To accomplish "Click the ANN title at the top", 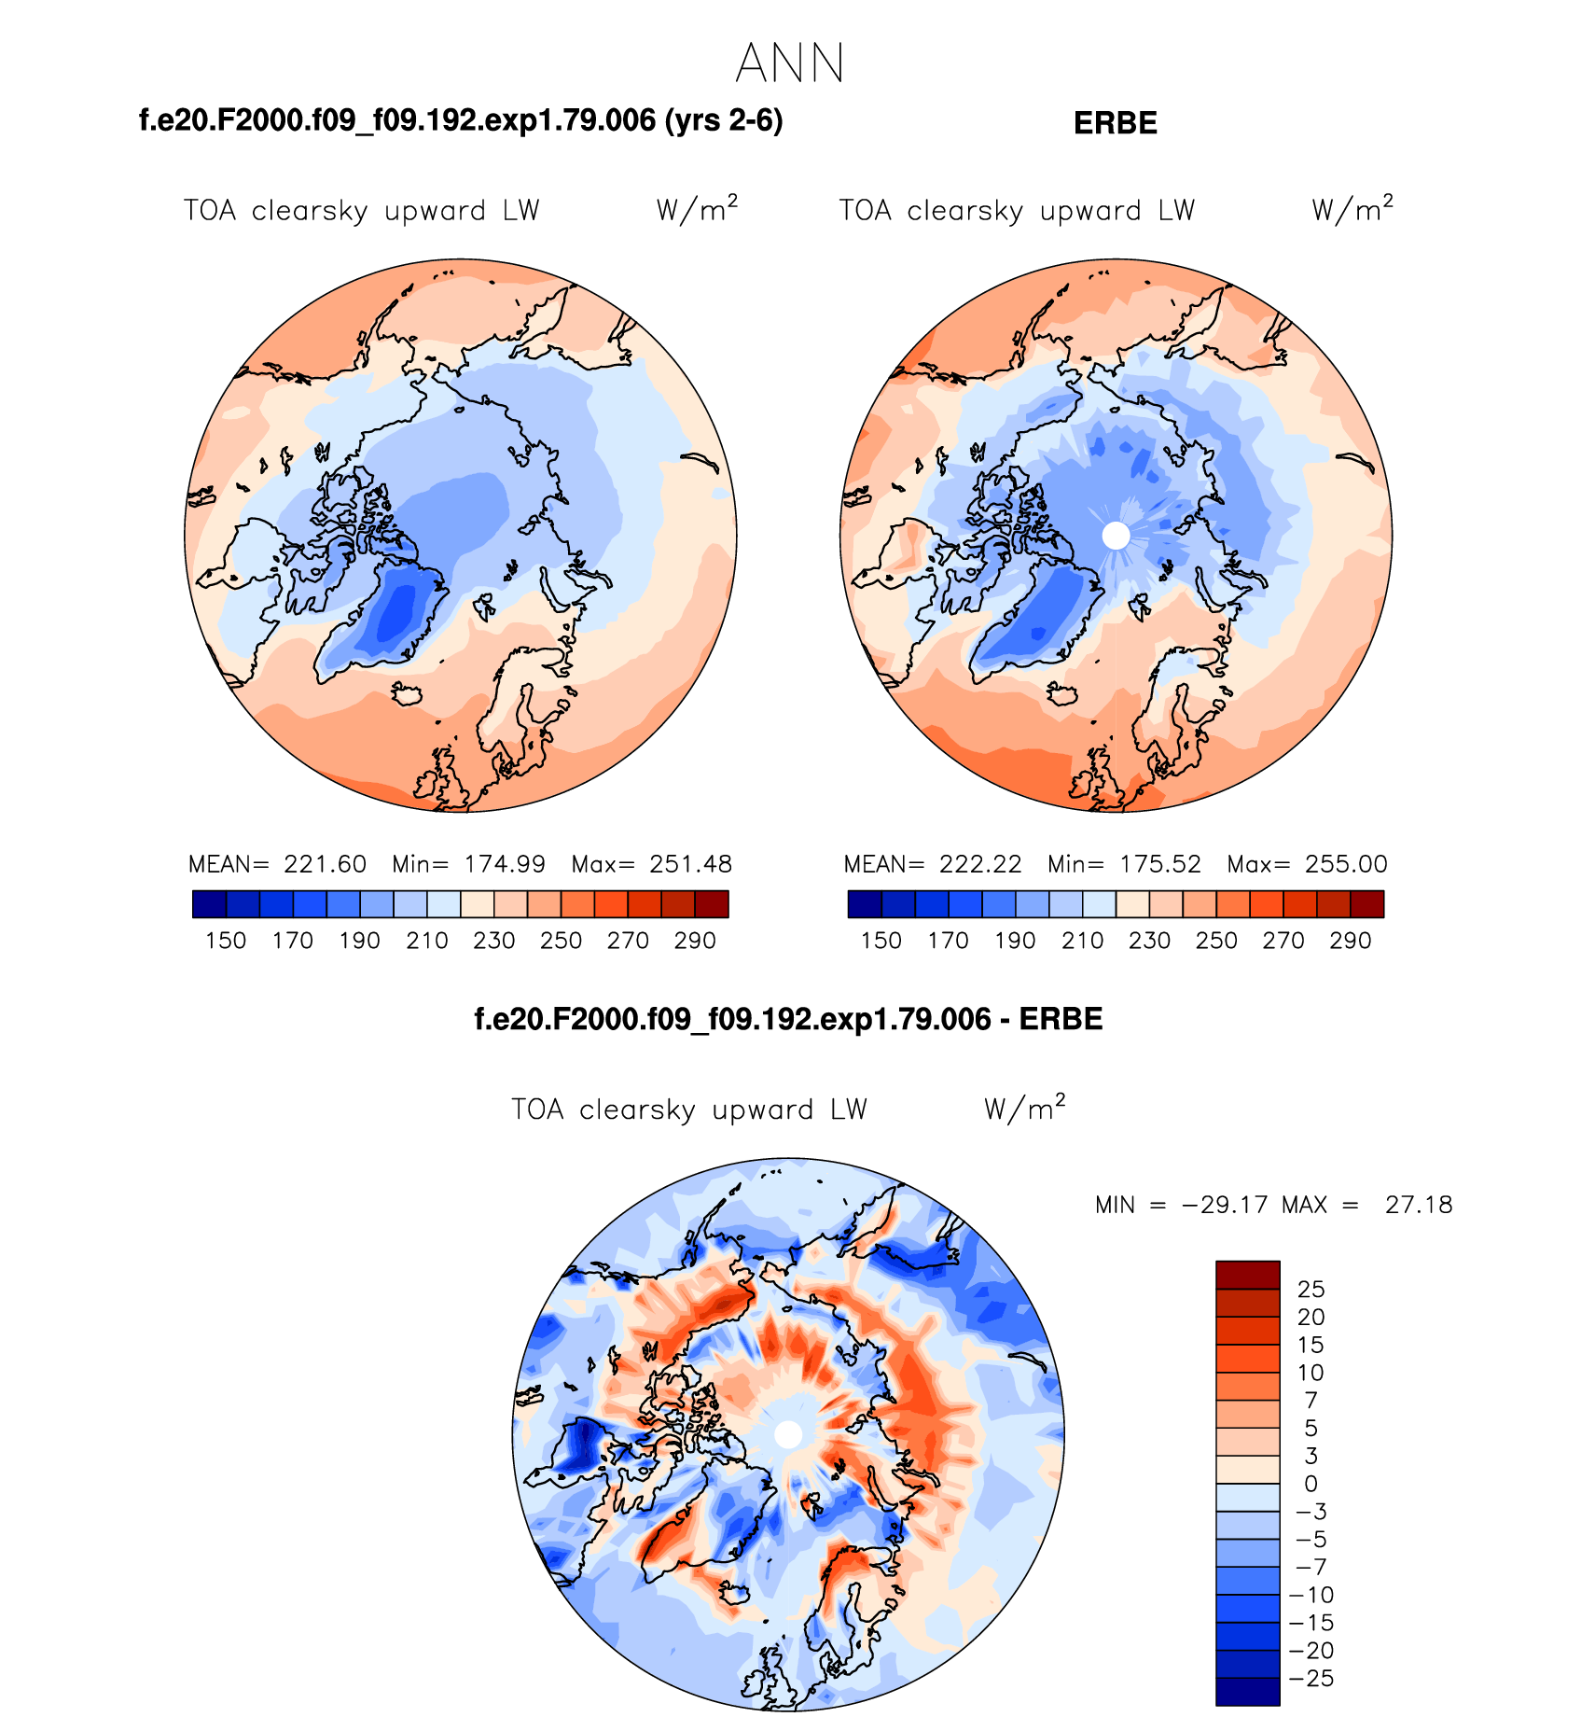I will [x=789, y=64].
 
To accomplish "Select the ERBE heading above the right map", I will [x=1115, y=123].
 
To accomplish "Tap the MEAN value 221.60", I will [x=325, y=864].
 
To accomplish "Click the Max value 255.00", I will [x=1346, y=864].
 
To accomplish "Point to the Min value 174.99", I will [x=505, y=864].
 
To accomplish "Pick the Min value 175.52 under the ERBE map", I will [x=1160, y=864].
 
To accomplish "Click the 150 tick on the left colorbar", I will [x=226, y=941].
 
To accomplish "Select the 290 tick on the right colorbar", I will [x=1350, y=941].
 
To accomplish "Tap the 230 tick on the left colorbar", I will [x=493, y=941].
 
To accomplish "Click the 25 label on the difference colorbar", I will [x=1311, y=1290].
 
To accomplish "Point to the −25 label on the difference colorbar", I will [x=1311, y=1679].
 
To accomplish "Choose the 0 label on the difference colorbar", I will [x=1311, y=1484].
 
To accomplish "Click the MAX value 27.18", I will [x=1418, y=1205].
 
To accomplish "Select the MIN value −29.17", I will [x=1225, y=1205].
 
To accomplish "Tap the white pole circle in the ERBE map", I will [x=1116, y=536].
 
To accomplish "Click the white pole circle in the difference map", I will [x=788, y=1434].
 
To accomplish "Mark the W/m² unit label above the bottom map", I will [x=1024, y=1109].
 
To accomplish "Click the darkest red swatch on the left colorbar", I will [x=712, y=904].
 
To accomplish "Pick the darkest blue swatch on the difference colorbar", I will [x=1247, y=1691].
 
